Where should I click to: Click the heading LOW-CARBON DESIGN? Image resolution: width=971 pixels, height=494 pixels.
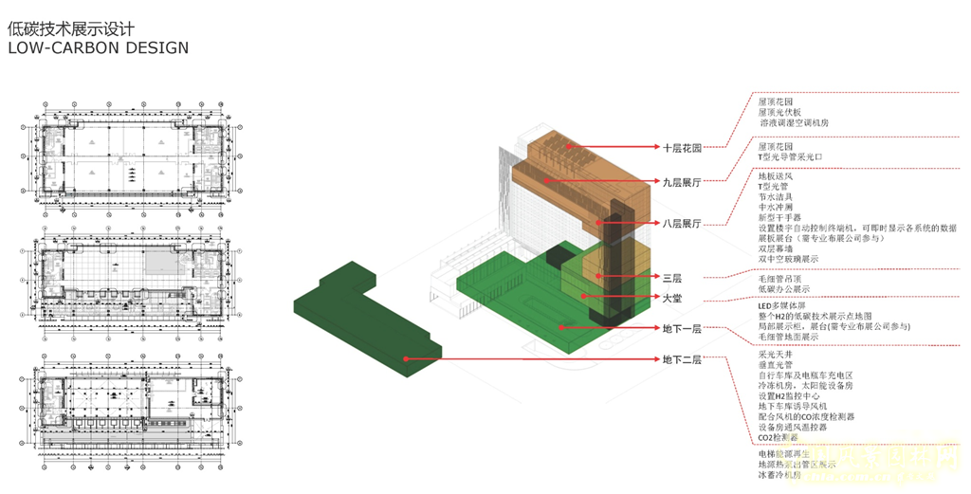point(98,47)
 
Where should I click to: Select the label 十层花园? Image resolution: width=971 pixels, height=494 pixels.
point(681,148)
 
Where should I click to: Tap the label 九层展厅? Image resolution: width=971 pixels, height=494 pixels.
point(681,179)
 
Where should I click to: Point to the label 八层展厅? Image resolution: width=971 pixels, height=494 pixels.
point(681,224)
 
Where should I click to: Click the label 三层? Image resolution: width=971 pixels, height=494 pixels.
point(671,278)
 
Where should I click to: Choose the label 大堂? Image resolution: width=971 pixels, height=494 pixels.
point(671,298)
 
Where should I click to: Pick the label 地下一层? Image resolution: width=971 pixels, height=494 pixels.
point(681,327)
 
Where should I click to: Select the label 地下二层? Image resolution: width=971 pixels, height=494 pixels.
point(681,359)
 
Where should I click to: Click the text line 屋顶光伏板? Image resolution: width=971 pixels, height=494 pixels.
point(779,111)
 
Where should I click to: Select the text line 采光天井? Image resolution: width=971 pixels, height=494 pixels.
point(774,353)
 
